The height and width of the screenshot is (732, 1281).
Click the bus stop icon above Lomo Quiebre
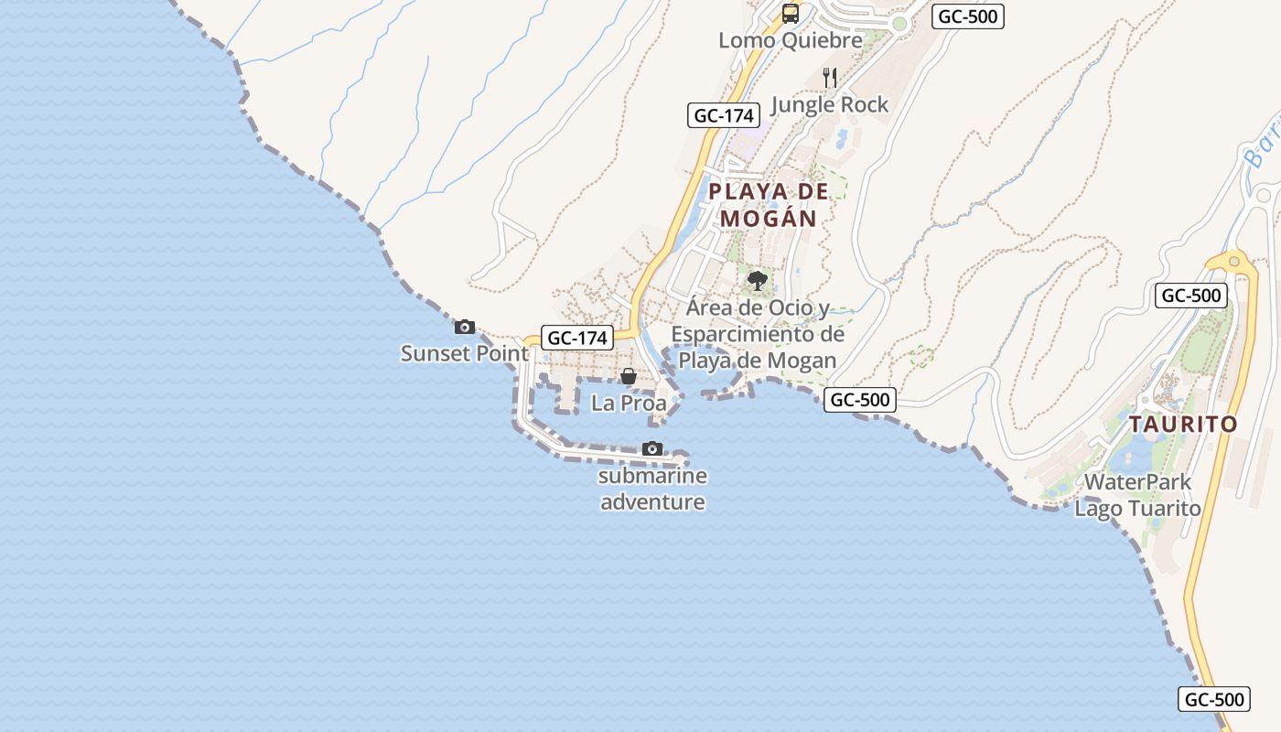791,14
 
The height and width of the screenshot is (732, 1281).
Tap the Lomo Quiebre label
791,40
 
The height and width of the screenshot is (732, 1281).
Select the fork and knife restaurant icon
830,77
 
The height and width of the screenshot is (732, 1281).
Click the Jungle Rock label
830,104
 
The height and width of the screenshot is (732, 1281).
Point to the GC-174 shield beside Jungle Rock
724,115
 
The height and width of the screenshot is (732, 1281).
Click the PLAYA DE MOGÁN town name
768,205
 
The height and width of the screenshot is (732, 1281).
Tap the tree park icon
757,281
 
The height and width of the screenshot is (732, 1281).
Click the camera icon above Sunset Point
465,327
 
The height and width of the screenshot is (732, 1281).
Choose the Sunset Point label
465,353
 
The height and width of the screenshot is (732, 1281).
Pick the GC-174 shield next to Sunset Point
576,338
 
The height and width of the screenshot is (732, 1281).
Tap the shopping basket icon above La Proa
629,376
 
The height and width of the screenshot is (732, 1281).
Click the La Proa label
629,403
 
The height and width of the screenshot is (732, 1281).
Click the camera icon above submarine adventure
652,448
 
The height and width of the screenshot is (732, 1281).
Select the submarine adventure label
652,489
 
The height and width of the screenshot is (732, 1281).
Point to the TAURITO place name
1182,425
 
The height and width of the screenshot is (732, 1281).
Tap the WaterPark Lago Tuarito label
1137,495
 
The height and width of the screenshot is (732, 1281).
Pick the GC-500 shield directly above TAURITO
1190,295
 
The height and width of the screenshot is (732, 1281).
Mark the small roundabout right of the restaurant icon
899,25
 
